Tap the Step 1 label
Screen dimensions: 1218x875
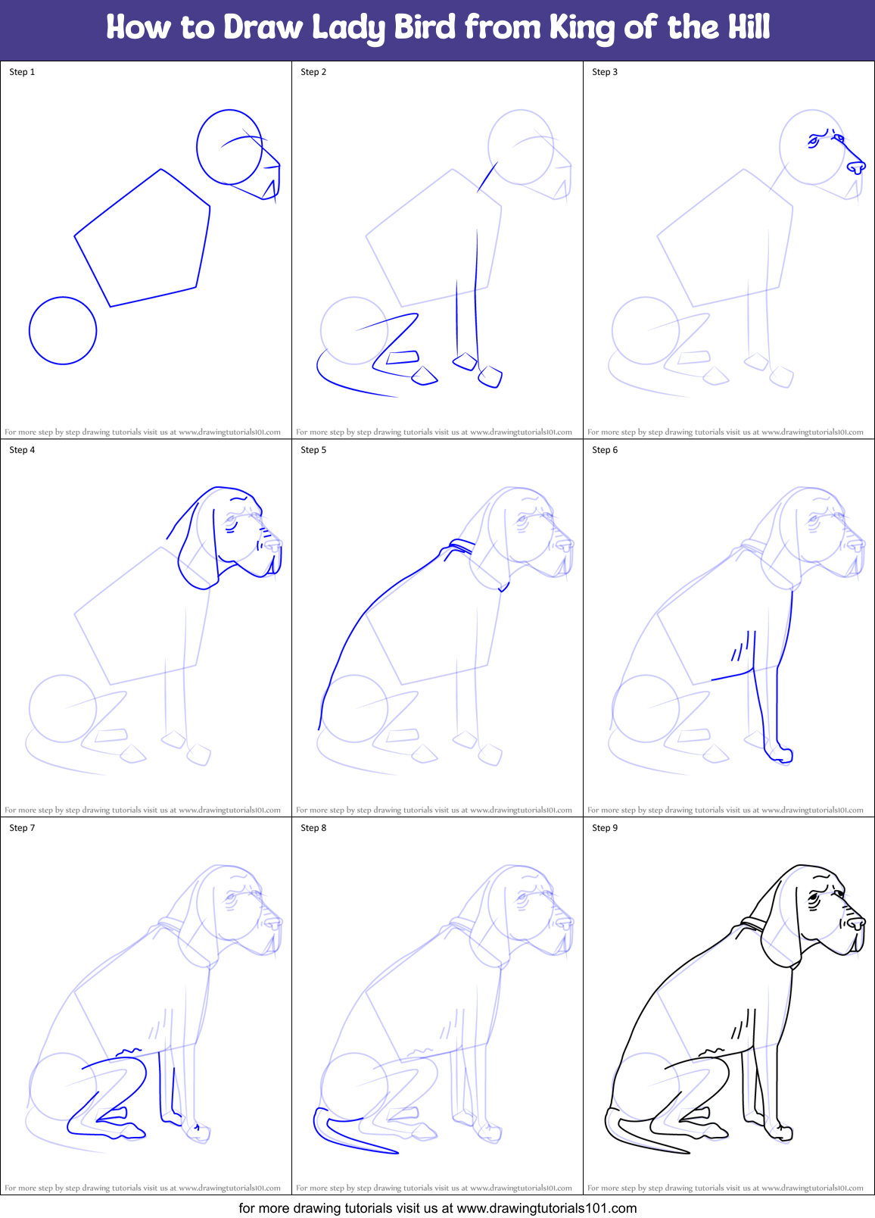(22, 72)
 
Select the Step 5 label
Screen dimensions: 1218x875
(313, 450)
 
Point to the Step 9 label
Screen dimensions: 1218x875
(605, 828)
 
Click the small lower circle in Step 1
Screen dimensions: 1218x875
(63, 330)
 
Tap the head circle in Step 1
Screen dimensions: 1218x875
(229, 147)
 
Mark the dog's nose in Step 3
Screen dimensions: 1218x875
(856, 167)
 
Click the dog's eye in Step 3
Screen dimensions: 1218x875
(814, 141)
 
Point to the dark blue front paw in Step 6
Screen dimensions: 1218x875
(780, 754)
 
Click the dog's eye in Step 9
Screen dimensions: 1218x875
(814, 898)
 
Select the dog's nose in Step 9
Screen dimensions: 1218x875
(856, 923)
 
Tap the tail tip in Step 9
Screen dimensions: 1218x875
(685, 1152)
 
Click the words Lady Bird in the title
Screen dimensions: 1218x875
(385, 27)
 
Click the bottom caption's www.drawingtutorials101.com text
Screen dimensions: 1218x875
(546, 1208)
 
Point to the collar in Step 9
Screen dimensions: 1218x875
(754, 923)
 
